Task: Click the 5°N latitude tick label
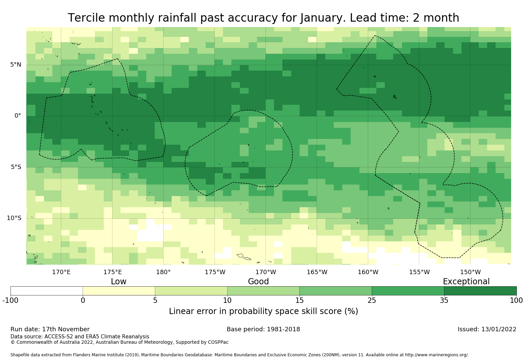pyautogui.click(x=16, y=65)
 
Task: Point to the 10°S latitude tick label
pyautogui.click(x=14, y=218)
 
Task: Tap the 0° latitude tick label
pyautogui.click(x=18, y=116)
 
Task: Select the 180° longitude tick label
pyautogui.click(x=163, y=272)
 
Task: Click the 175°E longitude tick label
pyautogui.click(x=112, y=272)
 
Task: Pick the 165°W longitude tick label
pyautogui.click(x=317, y=272)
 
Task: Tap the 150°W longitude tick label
pyautogui.click(x=470, y=272)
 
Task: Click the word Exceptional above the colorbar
pyautogui.click(x=466, y=282)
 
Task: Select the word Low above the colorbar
pyautogui.click(x=119, y=282)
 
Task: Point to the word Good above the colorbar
pyautogui.click(x=258, y=282)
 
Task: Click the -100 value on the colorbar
pyautogui.click(x=10, y=301)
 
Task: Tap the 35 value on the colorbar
pyautogui.click(x=444, y=301)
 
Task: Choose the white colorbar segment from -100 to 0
pyautogui.click(x=47, y=291)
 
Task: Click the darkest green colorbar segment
pyautogui.click(x=480, y=291)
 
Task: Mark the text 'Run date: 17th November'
pyautogui.click(x=50, y=329)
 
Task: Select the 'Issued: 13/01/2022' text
pyautogui.click(x=487, y=329)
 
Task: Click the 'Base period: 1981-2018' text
pyautogui.click(x=263, y=329)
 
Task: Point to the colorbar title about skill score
pyautogui.click(x=263, y=311)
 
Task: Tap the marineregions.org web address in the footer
pyautogui.click(x=436, y=355)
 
